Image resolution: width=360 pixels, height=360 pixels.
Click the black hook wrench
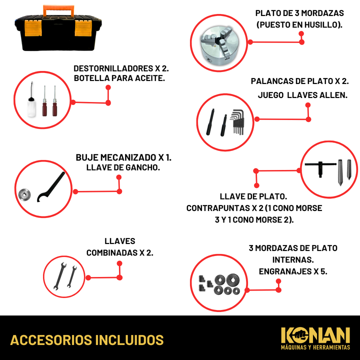pyautogui.click(x=50, y=187)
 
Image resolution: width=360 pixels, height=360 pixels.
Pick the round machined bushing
pyautogui.click(x=24, y=194)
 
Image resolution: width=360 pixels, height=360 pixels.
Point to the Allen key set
pyautogui.click(x=237, y=122)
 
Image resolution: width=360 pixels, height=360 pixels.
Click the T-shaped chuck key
pyautogui.click(x=320, y=167)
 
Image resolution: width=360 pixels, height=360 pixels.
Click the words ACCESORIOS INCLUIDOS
pyautogui.click(x=87, y=340)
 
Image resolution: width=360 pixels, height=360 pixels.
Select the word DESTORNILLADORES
pyautogui.click(x=113, y=68)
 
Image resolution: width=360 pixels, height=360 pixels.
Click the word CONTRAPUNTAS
pyautogui.click(x=218, y=208)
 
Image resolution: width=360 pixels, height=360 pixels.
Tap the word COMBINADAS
pyautogui.click(x=112, y=253)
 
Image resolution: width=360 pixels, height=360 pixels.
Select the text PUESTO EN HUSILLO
pyautogui.click(x=299, y=25)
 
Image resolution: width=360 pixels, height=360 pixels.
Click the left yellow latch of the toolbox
pyautogui.click(x=33, y=28)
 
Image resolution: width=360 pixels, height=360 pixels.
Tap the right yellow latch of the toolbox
pyautogui.click(x=83, y=28)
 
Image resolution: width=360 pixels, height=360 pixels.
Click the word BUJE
pyautogui.click(x=87, y=157)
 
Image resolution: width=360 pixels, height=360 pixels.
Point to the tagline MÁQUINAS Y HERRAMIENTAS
pyautogui.click(x=315, y=347)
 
